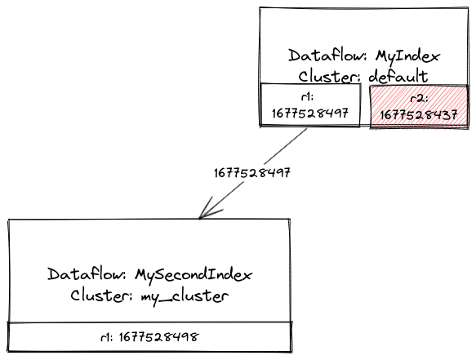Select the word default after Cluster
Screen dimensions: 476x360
pos(398,76)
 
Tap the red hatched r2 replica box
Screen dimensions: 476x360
pos(419,107)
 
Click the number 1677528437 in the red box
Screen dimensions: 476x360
pos(419,115)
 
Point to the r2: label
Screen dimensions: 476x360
pos(419,99)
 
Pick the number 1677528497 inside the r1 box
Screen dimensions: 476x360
pos(310,113)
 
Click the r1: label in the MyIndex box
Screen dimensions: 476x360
pos(307,97)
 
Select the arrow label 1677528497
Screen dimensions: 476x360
pos(252,173)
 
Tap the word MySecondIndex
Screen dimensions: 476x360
pos(194,275)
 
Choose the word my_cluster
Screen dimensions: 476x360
pos(185,296)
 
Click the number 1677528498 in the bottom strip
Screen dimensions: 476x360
pos(158,337)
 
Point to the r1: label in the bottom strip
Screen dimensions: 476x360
pos(107,337)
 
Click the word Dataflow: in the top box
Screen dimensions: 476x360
pos(329,56)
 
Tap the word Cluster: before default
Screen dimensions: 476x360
pos(330,76)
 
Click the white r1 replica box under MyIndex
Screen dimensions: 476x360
pos(310,104)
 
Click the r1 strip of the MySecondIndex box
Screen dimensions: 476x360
pos(150,337)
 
